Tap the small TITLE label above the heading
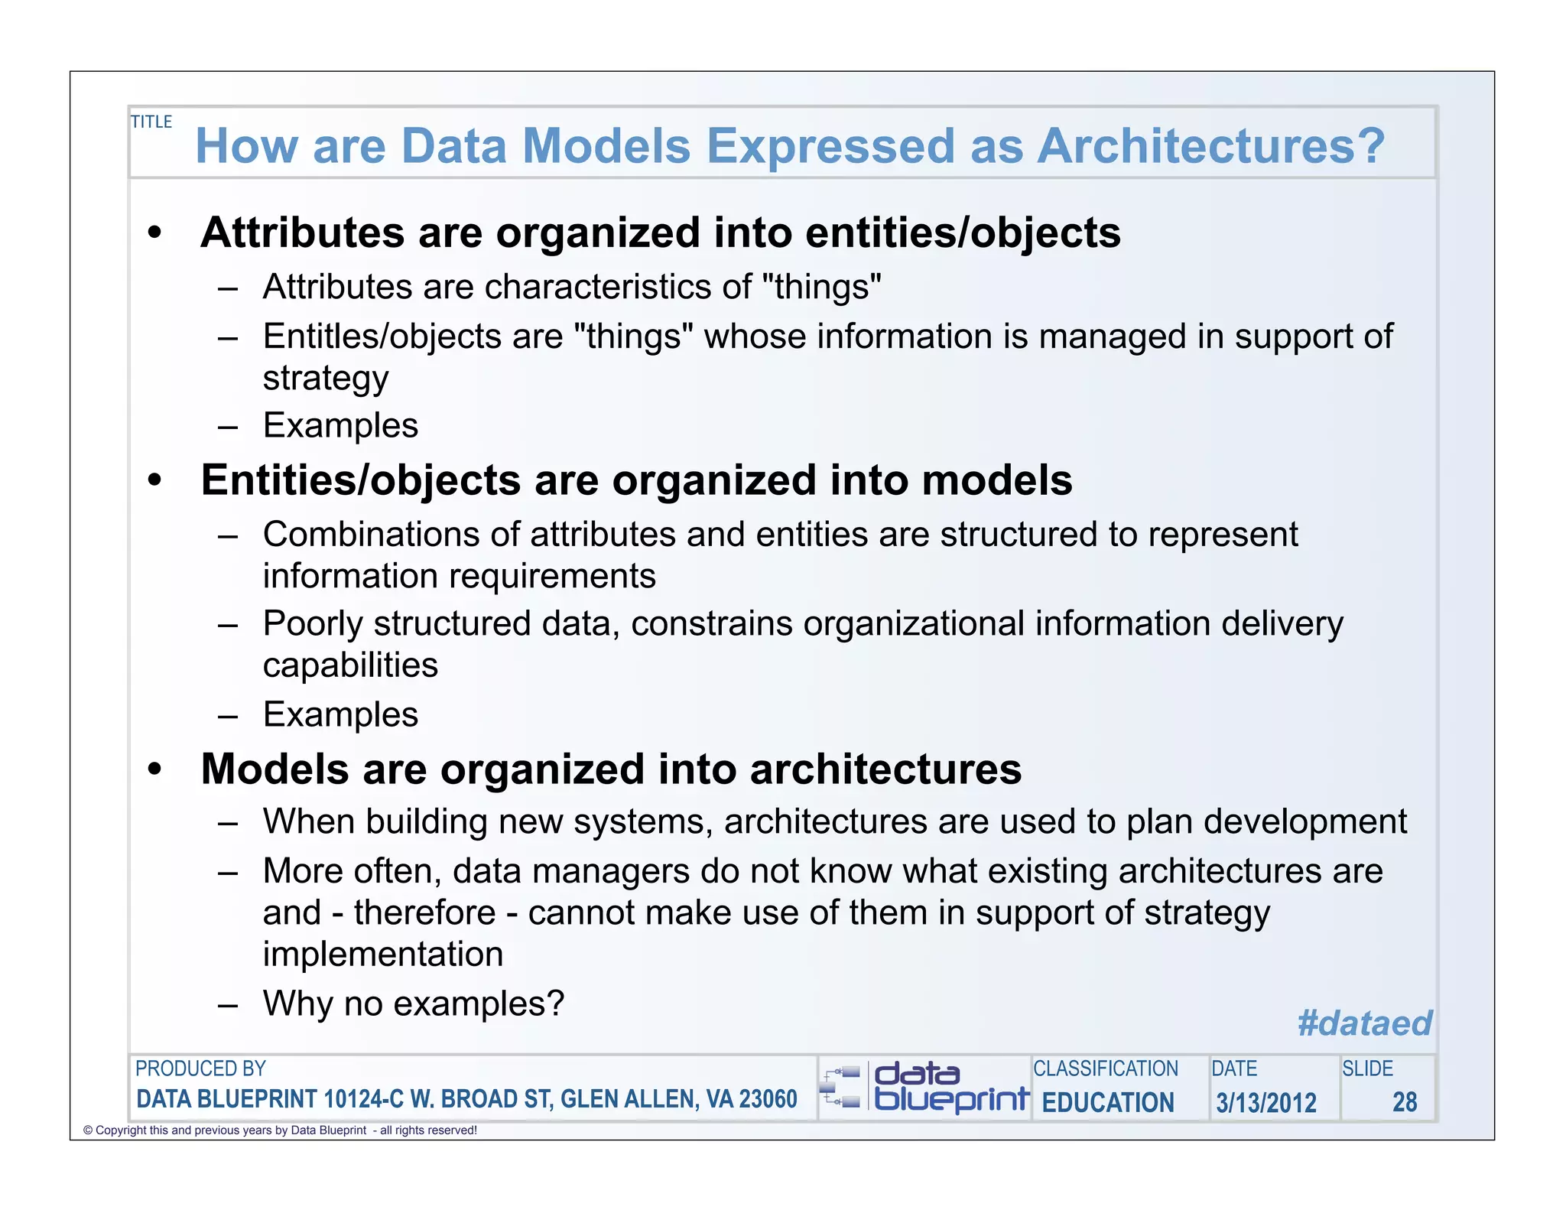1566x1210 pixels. tap(151, 122)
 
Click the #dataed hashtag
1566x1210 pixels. tap(1364, 1023)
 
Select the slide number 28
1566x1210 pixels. tap(1405, 1101)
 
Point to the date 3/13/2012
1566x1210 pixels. tap(1266, 1102)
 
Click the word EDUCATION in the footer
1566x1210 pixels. tap(1108, 1102)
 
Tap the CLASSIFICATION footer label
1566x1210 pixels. tap(1106, 1069)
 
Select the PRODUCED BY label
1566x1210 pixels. tap(200, 1069)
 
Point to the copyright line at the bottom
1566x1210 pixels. tap(280, 1130)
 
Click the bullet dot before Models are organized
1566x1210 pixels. tap(155, 769)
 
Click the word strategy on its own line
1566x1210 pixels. tap(326, 378)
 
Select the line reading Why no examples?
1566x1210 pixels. tap(413, 1003)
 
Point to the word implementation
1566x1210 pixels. tap(383, 954)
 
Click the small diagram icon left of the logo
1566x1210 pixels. tap(841, 1088)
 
